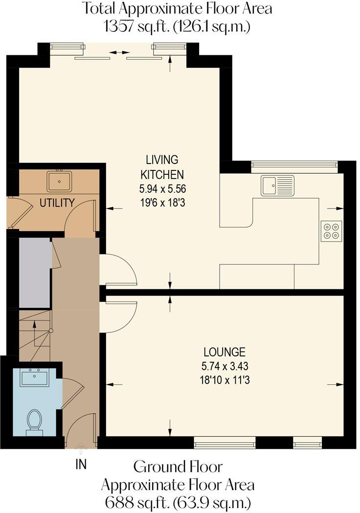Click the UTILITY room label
[57, 203]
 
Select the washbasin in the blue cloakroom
[34, 377]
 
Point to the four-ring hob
[331, 231]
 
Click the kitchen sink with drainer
[277, 186]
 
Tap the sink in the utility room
[59, 181]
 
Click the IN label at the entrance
[81, 464]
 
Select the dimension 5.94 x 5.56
[162, 188]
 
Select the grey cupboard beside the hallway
[35, 273]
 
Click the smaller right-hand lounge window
[308, 444]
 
